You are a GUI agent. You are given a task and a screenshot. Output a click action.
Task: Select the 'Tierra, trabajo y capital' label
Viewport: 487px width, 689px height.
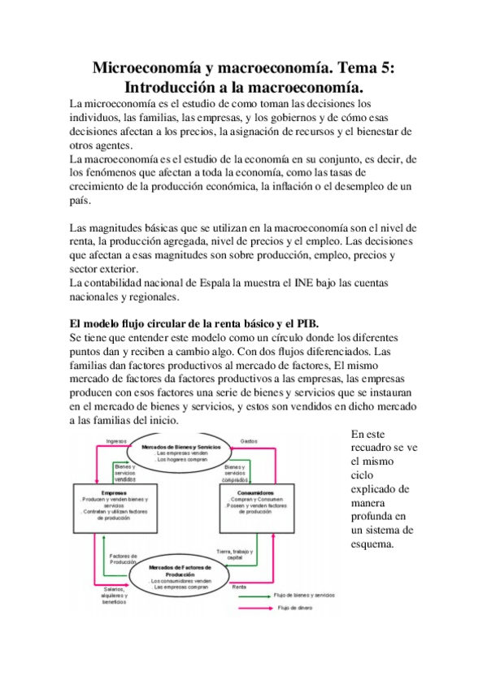pyautogui.click(x=235, y=555)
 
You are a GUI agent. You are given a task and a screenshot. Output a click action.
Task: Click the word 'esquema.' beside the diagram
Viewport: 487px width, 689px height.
pyautogui.click(x=373, y=544)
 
